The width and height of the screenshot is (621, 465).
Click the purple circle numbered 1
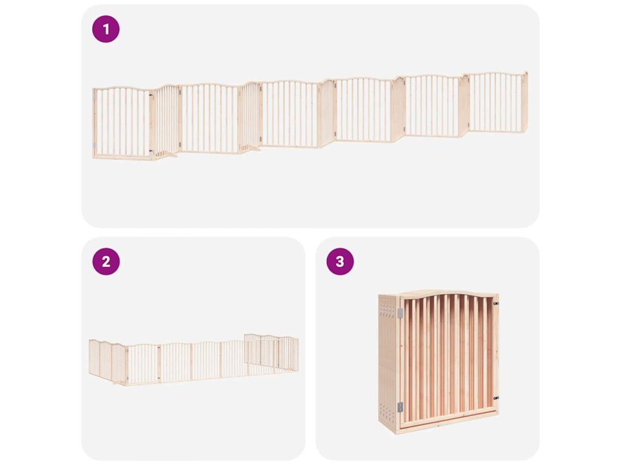click(x=106, y=29)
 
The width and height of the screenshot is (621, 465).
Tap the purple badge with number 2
click(x=106, y=262)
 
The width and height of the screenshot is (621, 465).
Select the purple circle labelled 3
click(x=340, y=262)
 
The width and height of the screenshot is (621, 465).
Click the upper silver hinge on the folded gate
click(x=400, y=313)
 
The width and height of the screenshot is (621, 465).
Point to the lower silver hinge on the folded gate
click(x=400, y=407)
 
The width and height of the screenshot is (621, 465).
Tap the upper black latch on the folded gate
click(x=496, y=304)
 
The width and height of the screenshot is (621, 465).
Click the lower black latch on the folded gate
click(x=496, y=398)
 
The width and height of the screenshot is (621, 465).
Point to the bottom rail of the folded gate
click(x=448, y=415)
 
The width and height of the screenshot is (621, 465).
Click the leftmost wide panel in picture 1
click(x=122, y=123)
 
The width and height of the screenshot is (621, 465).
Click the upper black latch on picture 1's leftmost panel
click(x=150, y=95)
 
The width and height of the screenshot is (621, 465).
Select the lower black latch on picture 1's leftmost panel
click(x=150, y=151)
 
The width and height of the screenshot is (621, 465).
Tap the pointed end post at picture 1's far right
click(x=526, y=102)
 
